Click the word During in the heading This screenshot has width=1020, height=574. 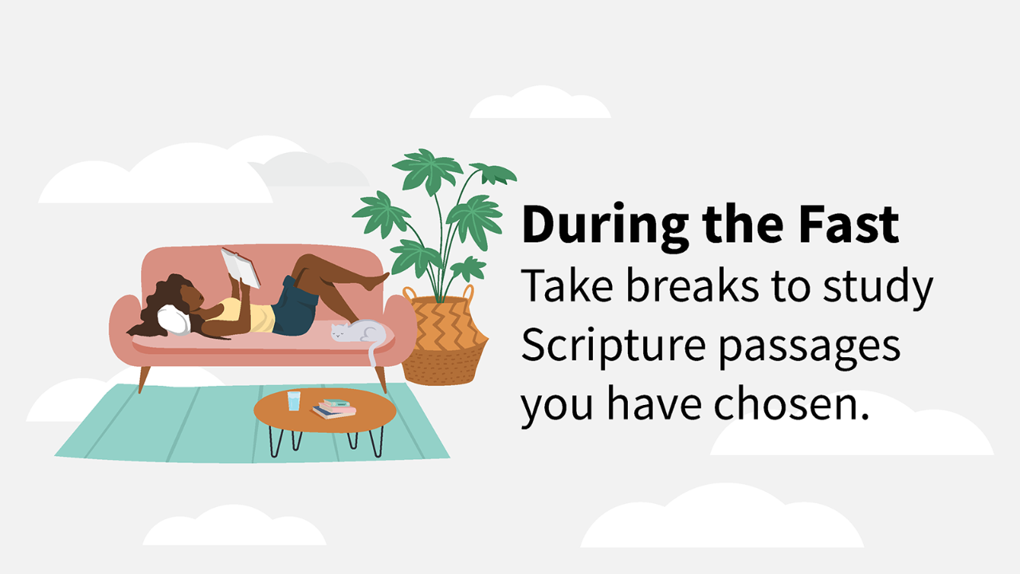(605, 226)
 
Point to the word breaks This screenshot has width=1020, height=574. (692, 286)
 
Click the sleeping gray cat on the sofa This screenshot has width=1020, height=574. (359, 331)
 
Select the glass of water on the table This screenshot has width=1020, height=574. (294, 400)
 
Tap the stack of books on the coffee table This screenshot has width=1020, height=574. (334, 409)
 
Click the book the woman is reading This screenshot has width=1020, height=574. (241, 268)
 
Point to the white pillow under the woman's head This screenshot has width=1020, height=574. (174, 320)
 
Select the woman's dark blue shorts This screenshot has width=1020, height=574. (295, 308)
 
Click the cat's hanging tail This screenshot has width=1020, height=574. (372, 355)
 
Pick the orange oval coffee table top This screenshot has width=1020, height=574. (325, 410)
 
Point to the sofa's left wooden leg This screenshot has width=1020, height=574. (144, 379)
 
